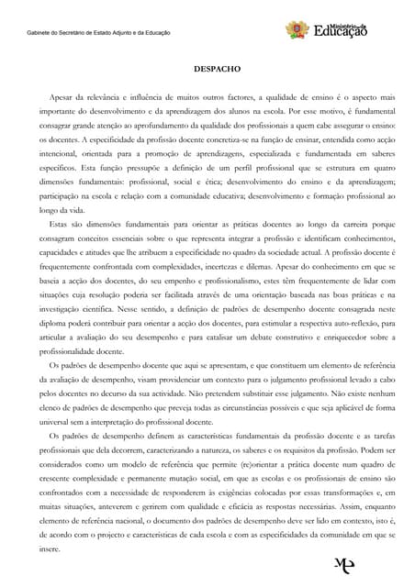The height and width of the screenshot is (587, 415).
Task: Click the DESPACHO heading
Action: (x=217, y=68)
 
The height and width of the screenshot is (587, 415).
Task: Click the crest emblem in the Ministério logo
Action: (x=296, y=30)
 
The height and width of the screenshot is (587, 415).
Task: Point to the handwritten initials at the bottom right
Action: (x=345, y=564)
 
